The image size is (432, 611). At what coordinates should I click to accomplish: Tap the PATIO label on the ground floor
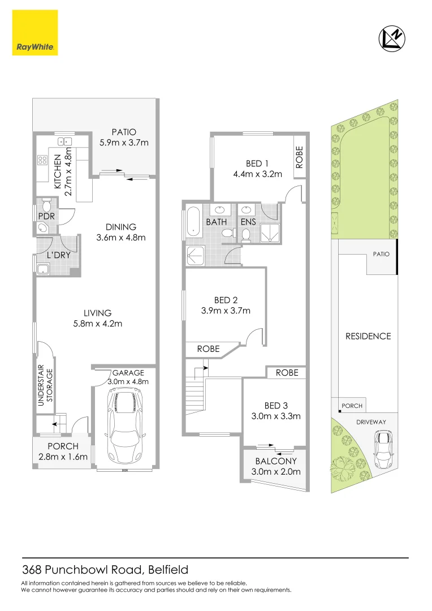(x=124, y=132)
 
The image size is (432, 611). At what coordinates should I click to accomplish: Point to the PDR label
(x=46, y=216)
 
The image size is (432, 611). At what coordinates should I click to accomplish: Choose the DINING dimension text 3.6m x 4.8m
(x=121, y=238)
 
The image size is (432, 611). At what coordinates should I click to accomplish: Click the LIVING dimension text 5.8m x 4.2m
(x=97, y=324)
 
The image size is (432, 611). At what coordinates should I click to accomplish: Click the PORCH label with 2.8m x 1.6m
(x=63, y=446)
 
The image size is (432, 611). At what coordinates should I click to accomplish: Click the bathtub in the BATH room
(x=193, y=221)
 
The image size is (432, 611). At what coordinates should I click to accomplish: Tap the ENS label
(x=249, y=222)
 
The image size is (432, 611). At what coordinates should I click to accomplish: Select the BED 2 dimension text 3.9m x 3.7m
(x=226, y=310)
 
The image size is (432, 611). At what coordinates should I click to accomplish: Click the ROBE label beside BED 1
(x=300, y=157)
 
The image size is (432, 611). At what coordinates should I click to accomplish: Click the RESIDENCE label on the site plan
(x=368, y=336)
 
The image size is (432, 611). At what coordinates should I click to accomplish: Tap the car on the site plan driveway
(x=385, y=444)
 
